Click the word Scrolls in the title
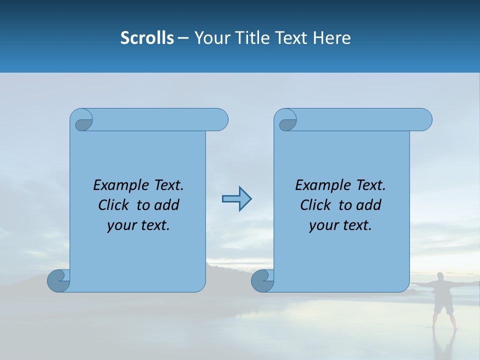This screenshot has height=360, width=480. pyautogui.click(x=147, y=38)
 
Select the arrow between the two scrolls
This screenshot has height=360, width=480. pyautogui.click(x=236, y=199)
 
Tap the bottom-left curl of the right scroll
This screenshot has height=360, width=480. pyautogui.click(x=262, y=280)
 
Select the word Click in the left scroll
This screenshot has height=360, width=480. pyautogui.click(x=114, y=205)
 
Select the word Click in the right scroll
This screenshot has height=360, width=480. pyautogui.click(x=316, y=205)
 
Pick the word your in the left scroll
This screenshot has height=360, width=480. pyautogui.click(x=121, y=225)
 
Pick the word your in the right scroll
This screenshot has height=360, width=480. pyautogui.click(x=323, y=225)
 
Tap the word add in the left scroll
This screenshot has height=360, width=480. pyautogui.click(x=166, y=205)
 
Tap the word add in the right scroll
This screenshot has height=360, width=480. pyautogui.click(x=368, y=205)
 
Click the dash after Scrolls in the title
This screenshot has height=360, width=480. pyautogui.click(x=183, y=38)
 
